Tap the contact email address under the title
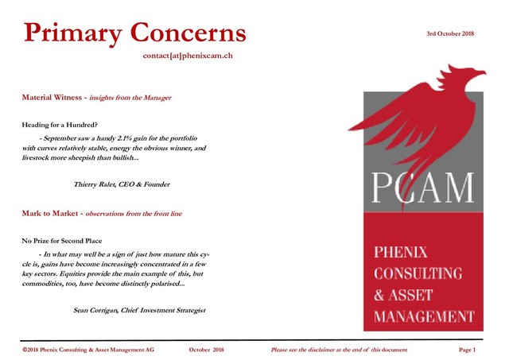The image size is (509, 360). (x=188, y=56)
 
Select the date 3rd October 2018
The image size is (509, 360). (x=450, y=33)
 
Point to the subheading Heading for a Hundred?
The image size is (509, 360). (x=60, y=126)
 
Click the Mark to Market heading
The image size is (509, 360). (x=50, y=214)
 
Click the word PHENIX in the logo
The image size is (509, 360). (x=402, y=254)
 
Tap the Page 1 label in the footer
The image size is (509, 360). (x=468, y=350)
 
